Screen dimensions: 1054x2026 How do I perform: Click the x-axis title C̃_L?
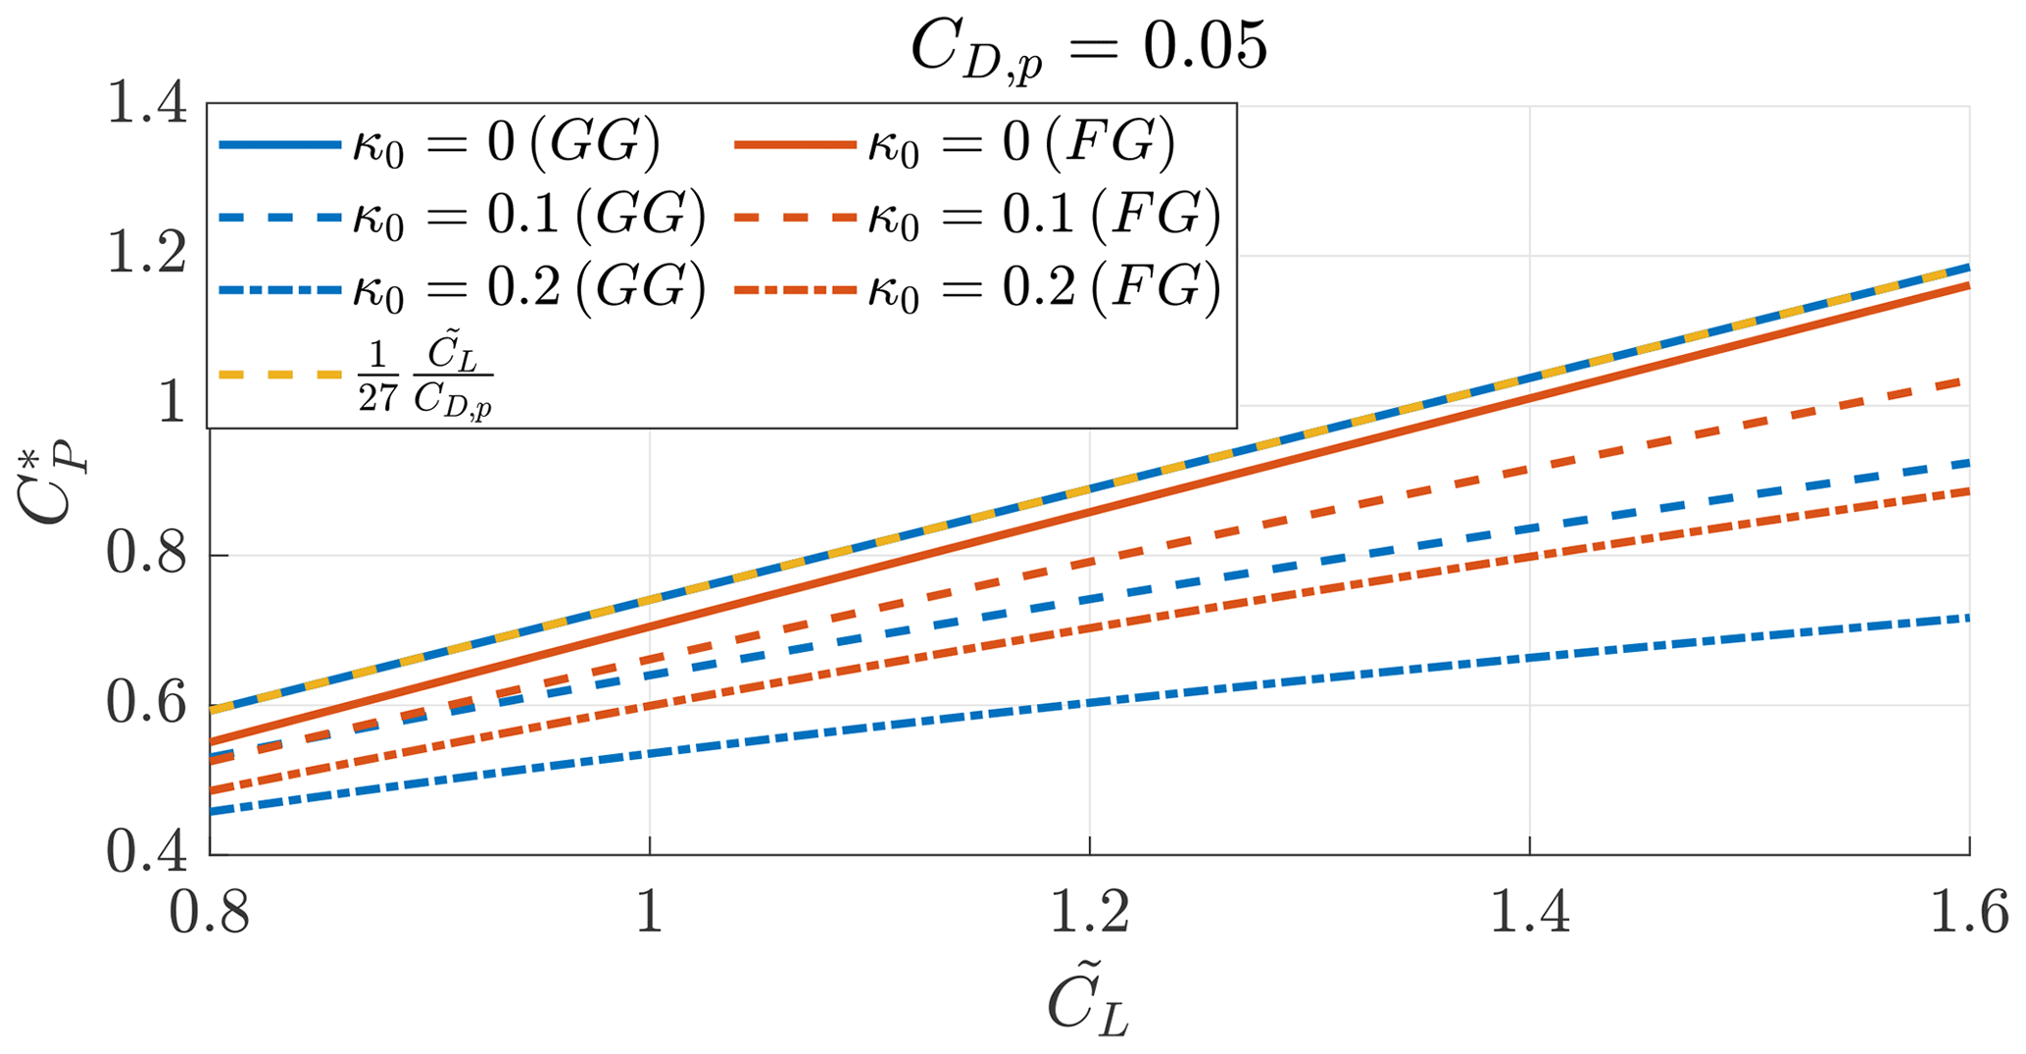click(x=1088, y=1005)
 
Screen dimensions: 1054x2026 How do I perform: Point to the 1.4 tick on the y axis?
click(x=147, y=105)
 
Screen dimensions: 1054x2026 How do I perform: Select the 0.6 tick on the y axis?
click(x=147, y=705)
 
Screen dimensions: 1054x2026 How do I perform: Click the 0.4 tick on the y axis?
click(x=147, y=854)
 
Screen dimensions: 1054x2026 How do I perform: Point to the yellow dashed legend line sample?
click(x=279, y=375)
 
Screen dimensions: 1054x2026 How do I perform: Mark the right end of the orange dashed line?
click(x=1964, y=380)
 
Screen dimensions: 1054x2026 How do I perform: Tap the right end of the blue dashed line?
click(x=1964, y=463)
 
